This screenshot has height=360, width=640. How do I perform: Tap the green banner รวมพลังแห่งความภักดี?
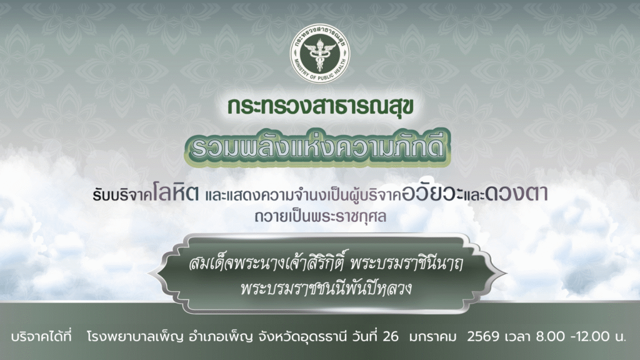point(317,148)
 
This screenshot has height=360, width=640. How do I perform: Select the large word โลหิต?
point(176,192)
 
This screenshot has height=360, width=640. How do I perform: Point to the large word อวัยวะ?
point(432,194)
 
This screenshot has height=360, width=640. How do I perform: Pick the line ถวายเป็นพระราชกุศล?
point(321,216)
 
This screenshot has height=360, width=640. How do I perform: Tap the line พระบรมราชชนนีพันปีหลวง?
point(326,287)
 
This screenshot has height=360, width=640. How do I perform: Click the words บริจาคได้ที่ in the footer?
point(41,336)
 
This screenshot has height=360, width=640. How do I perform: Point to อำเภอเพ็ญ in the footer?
point(221,337)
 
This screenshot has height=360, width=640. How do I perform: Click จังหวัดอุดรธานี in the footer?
point(302,337)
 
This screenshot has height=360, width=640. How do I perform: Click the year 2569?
point(483,336)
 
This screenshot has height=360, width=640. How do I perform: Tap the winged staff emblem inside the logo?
point(320,52)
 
